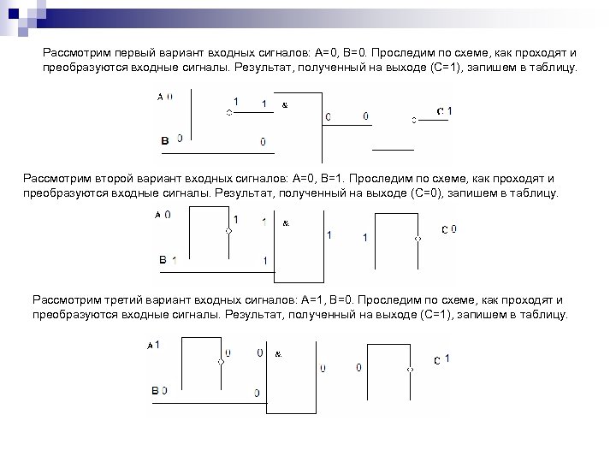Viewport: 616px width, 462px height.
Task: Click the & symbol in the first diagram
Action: (284, 105)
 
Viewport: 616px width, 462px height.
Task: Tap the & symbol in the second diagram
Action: (286, 223)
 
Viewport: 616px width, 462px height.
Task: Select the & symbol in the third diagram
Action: (279, 352)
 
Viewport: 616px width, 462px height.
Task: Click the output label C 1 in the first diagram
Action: (444, 112)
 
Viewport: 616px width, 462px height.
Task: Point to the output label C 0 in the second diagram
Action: (448, 229)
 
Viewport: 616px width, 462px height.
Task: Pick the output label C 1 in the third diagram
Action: (441, 359)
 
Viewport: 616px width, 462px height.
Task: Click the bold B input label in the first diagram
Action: (165, 139)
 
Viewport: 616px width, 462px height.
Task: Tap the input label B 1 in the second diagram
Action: (168, 259)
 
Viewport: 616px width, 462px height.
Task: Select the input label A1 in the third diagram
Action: (154, 344)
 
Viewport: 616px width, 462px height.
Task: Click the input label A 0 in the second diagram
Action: (163, 216)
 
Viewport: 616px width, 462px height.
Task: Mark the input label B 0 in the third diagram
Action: (159, 390)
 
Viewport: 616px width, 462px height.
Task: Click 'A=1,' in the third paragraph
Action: (313, 300)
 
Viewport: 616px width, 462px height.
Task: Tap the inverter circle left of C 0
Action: (418, 240)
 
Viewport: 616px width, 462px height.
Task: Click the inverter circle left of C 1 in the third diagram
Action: (411, 370)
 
